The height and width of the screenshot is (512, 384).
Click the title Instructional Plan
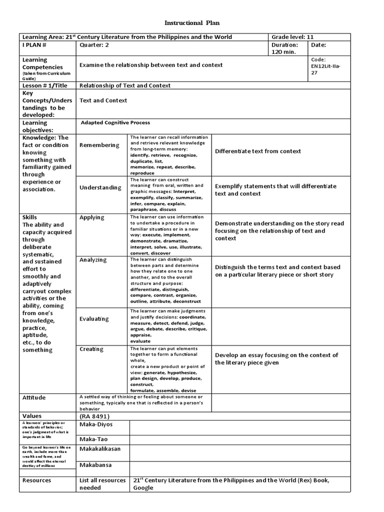click(x=192, y=23)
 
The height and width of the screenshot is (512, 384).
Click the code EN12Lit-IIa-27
click(x=324, y=65)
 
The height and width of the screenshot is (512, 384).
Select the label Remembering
click(x=99, y=145)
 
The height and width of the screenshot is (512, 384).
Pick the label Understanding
click(x=100, y=187)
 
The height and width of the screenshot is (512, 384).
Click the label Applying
click(x=92, y=217)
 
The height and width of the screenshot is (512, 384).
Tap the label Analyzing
click(x=93, y=260)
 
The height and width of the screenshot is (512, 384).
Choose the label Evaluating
click(x=94, y=318)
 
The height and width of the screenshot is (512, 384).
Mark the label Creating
click(x=91, y=349)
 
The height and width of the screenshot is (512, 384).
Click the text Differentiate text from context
click(x=258, y=151)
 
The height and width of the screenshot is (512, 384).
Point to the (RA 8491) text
click(x=94, y=416)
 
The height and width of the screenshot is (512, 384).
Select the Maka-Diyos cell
click(x=96, y=424)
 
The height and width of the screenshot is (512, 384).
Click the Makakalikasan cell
click(x=100, y=449)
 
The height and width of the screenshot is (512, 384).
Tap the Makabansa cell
click(x=96, y=465)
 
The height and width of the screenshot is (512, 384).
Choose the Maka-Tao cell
click(x=93, y=439)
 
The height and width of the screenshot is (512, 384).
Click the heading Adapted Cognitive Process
click(x=115, y=122)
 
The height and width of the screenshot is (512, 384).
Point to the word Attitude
click(x=34, y=397)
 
